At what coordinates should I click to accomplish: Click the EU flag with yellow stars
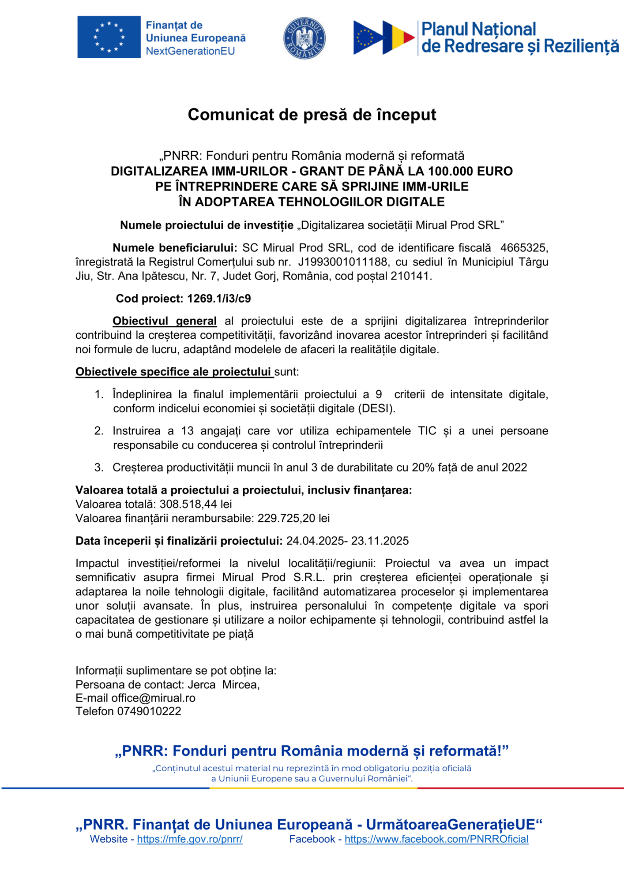click(x=109, y=37)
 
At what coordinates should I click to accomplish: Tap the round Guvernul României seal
click(x=304, y=38)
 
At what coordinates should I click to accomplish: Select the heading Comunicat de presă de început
click(x=312, y=115)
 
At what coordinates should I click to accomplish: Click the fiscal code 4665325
click(x=524, y=248)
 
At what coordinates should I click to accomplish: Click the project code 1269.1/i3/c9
click(x=219, y=299)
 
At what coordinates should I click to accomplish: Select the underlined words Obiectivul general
click(x=165, y=321)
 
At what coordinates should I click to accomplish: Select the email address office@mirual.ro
click(x=153, y=698)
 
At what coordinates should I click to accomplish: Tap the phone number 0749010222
click(x=149, y=711)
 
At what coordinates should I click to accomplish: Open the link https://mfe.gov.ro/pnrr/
click(x=190, y=839)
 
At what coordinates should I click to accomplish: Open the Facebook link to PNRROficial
click(x=436, y=839)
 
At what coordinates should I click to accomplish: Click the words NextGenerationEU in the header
click(x=190, y=51)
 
